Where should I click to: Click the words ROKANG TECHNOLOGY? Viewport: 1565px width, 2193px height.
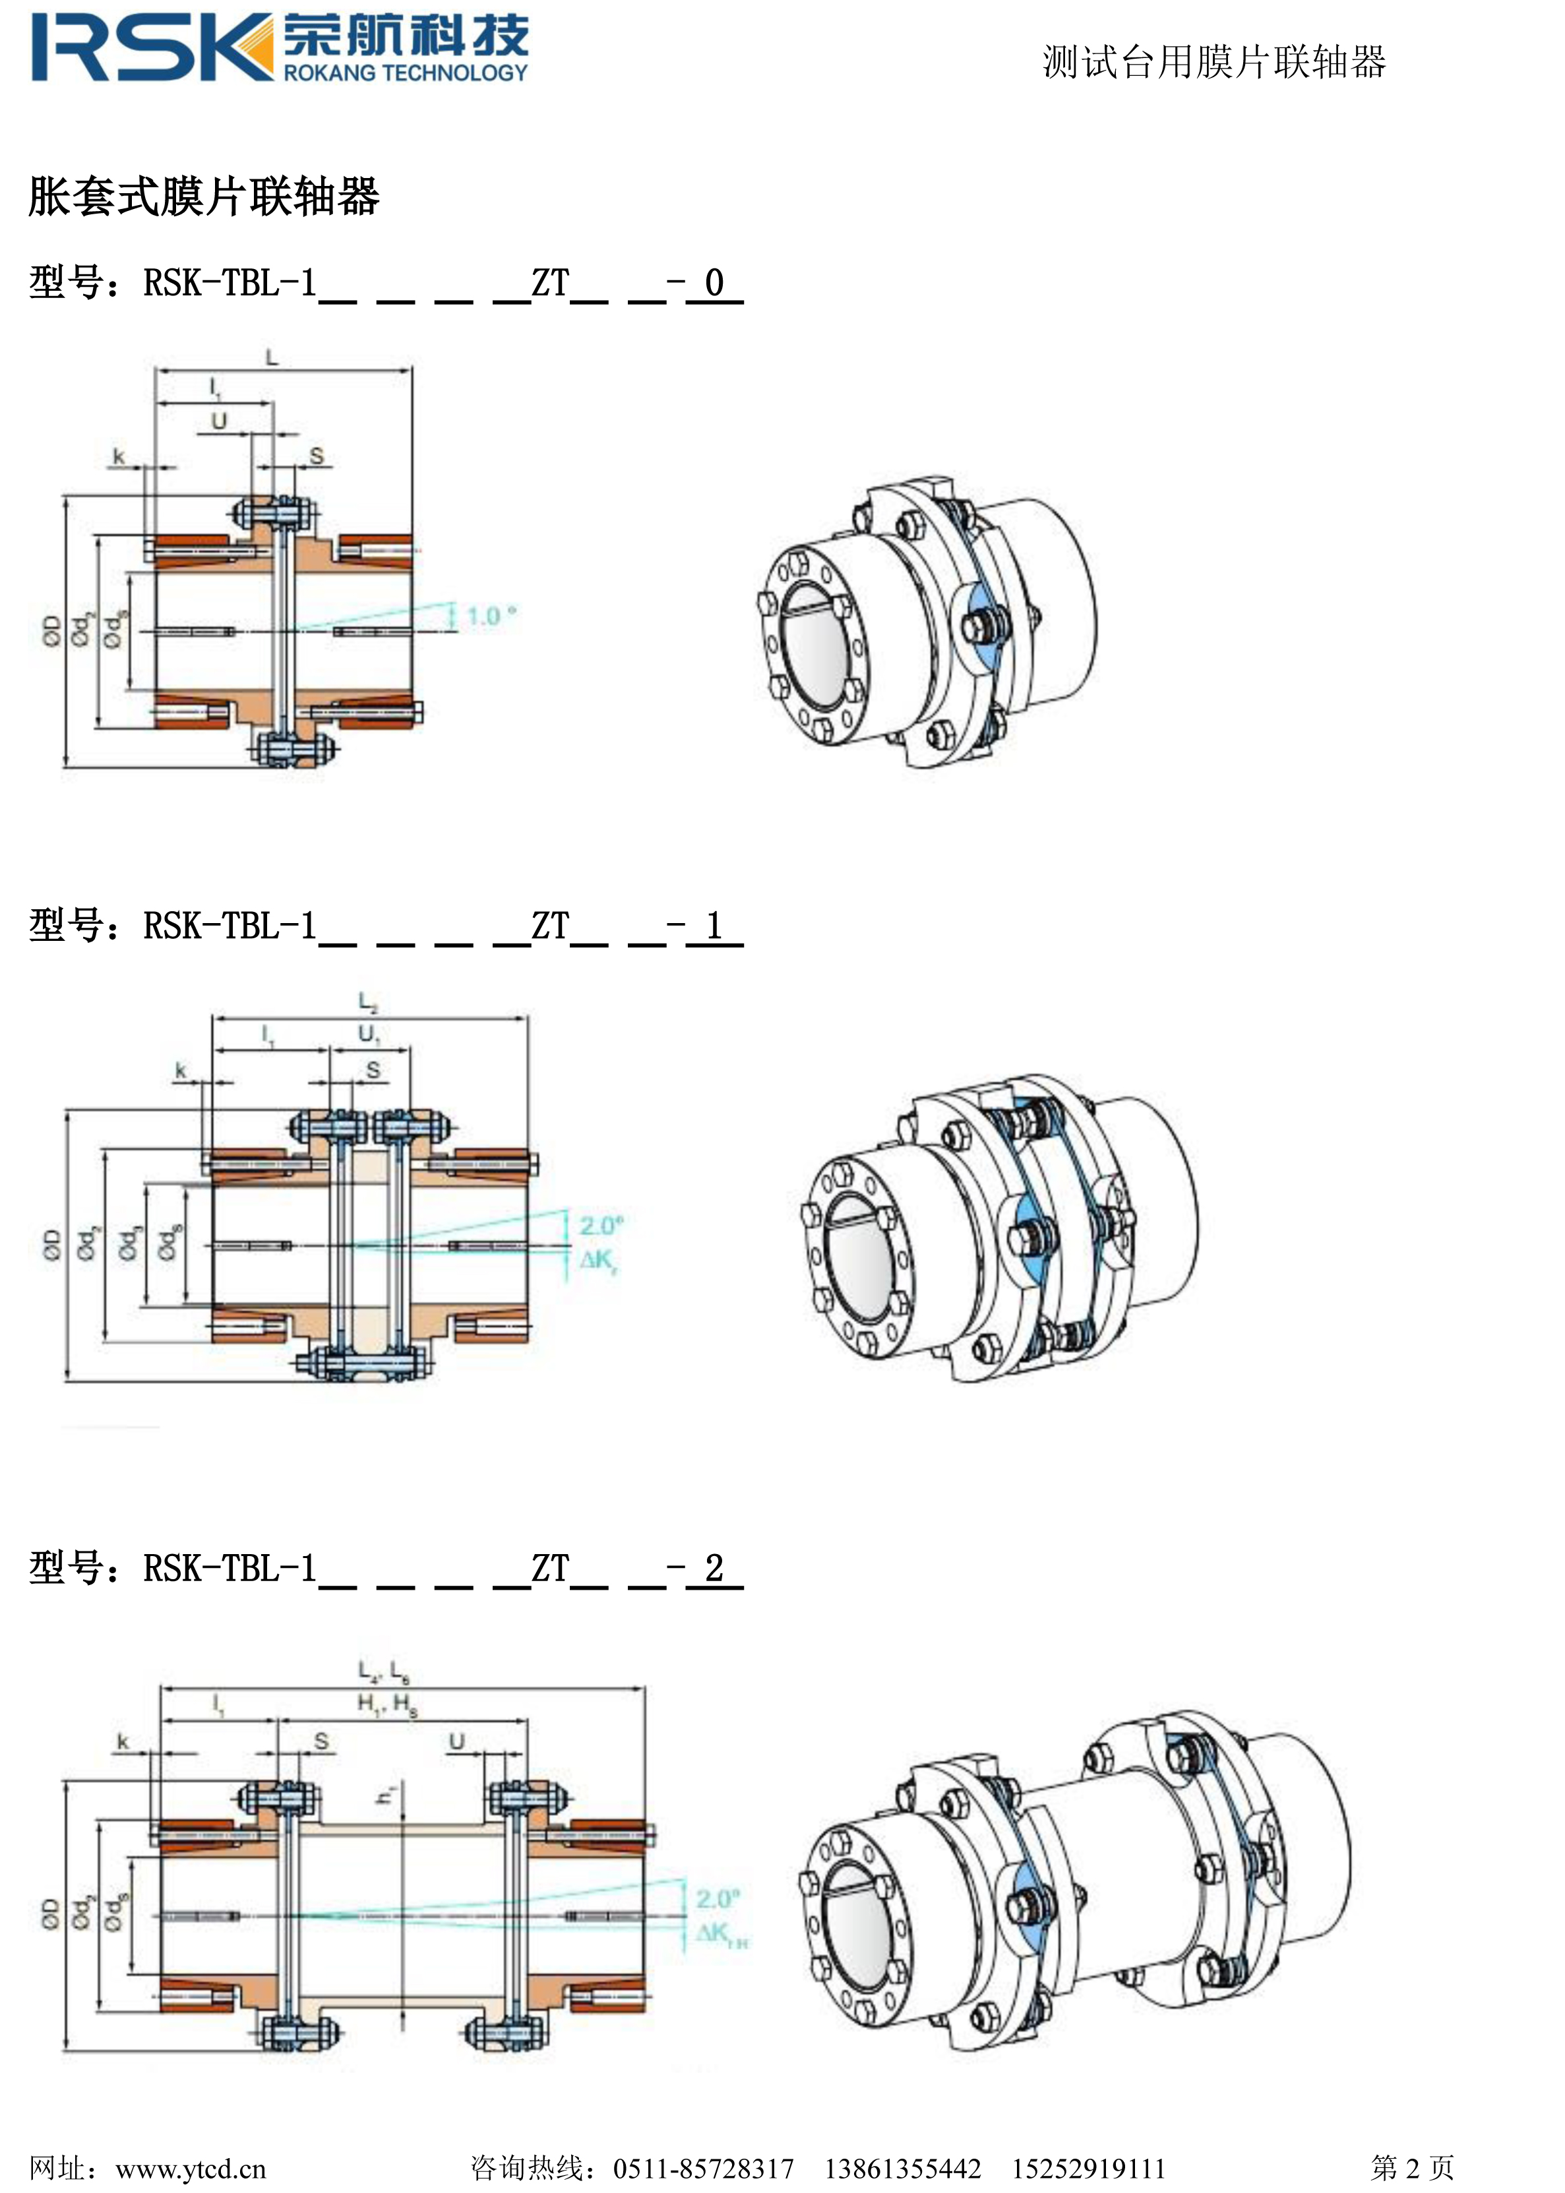coord(405,73)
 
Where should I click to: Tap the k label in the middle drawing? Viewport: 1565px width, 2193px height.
coord(180,1071)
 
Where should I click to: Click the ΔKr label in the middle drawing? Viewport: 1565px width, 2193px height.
coord(598,1260)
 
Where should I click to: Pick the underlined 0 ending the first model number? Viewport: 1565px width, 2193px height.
coord(714,284)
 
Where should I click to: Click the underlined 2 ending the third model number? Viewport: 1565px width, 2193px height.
coord(714,1568)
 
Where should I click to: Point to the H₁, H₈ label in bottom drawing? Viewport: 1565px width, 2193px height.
coord(387,1704)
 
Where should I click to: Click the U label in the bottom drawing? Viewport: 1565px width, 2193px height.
coord(457,1741)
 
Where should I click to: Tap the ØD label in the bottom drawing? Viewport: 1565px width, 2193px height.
coord(51,1913)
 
